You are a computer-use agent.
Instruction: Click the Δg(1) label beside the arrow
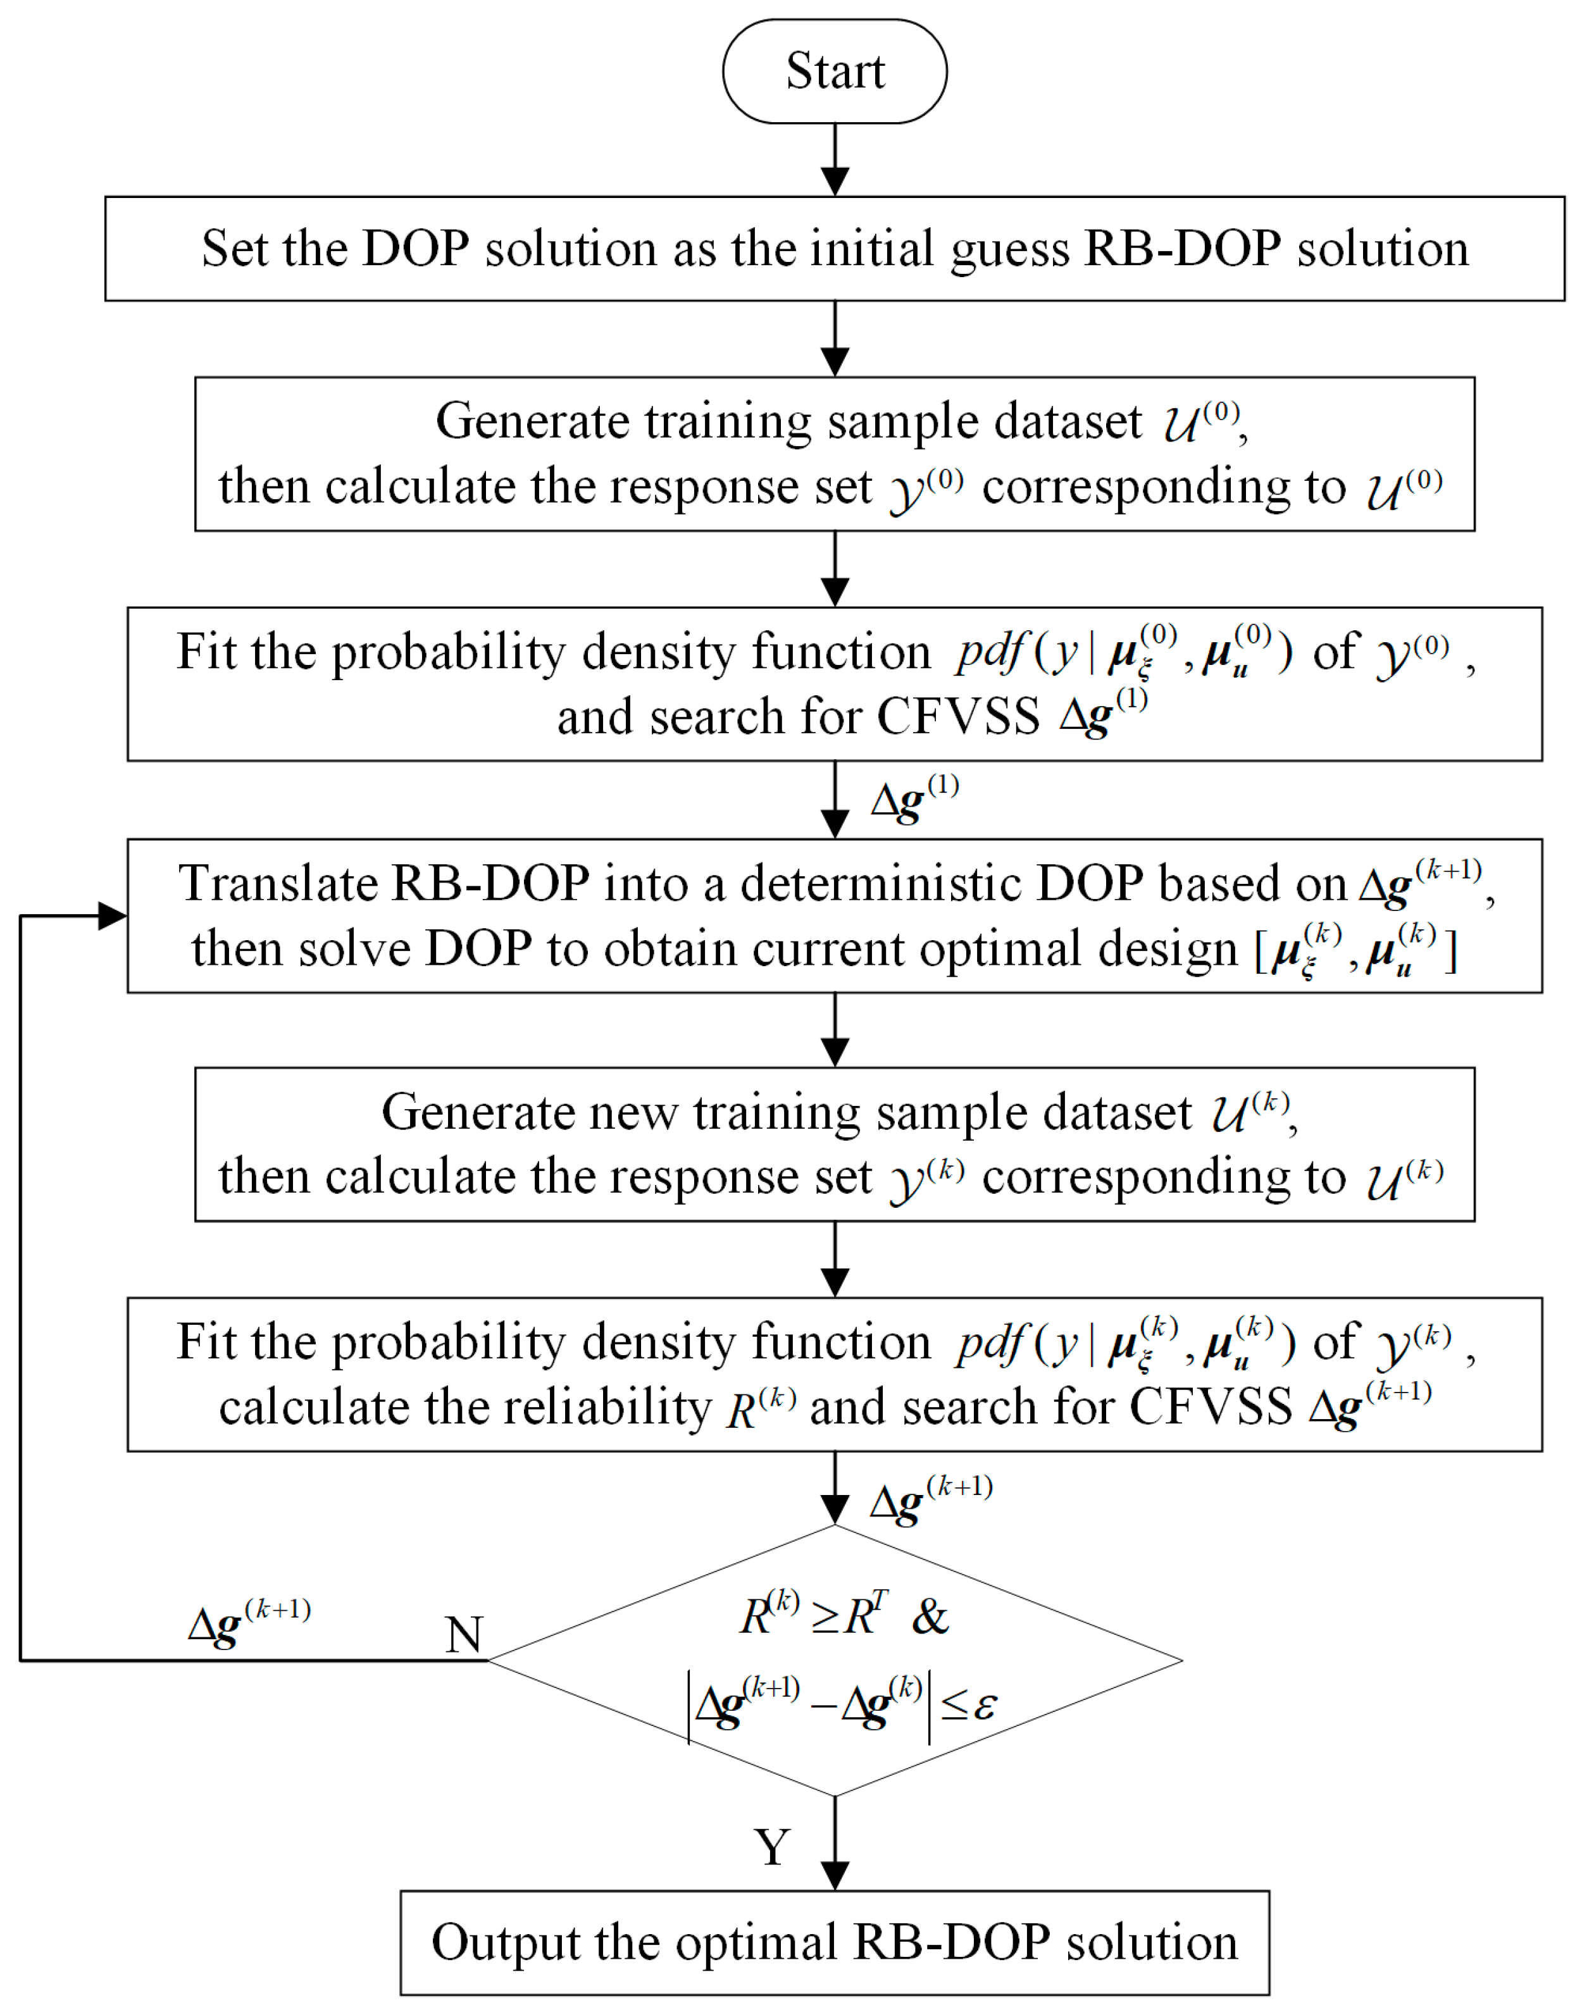coord(914,798)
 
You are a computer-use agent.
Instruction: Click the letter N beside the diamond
coord(463,1634)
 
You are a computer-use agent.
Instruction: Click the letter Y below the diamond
coord(771,1846)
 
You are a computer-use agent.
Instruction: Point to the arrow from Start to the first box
coord(835,159)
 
